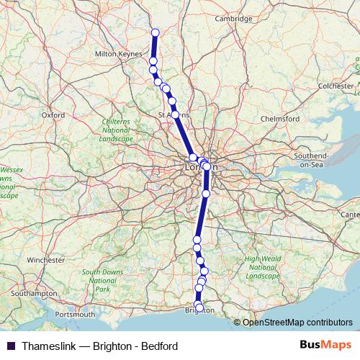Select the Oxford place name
point(53,114)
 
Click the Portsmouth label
point(79,315)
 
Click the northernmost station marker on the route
point(155,32)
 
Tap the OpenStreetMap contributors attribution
point(297,323)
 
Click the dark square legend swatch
point(10,346)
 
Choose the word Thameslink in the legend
point(50,346)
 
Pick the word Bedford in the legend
point(158,346)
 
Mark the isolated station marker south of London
point(206,193)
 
